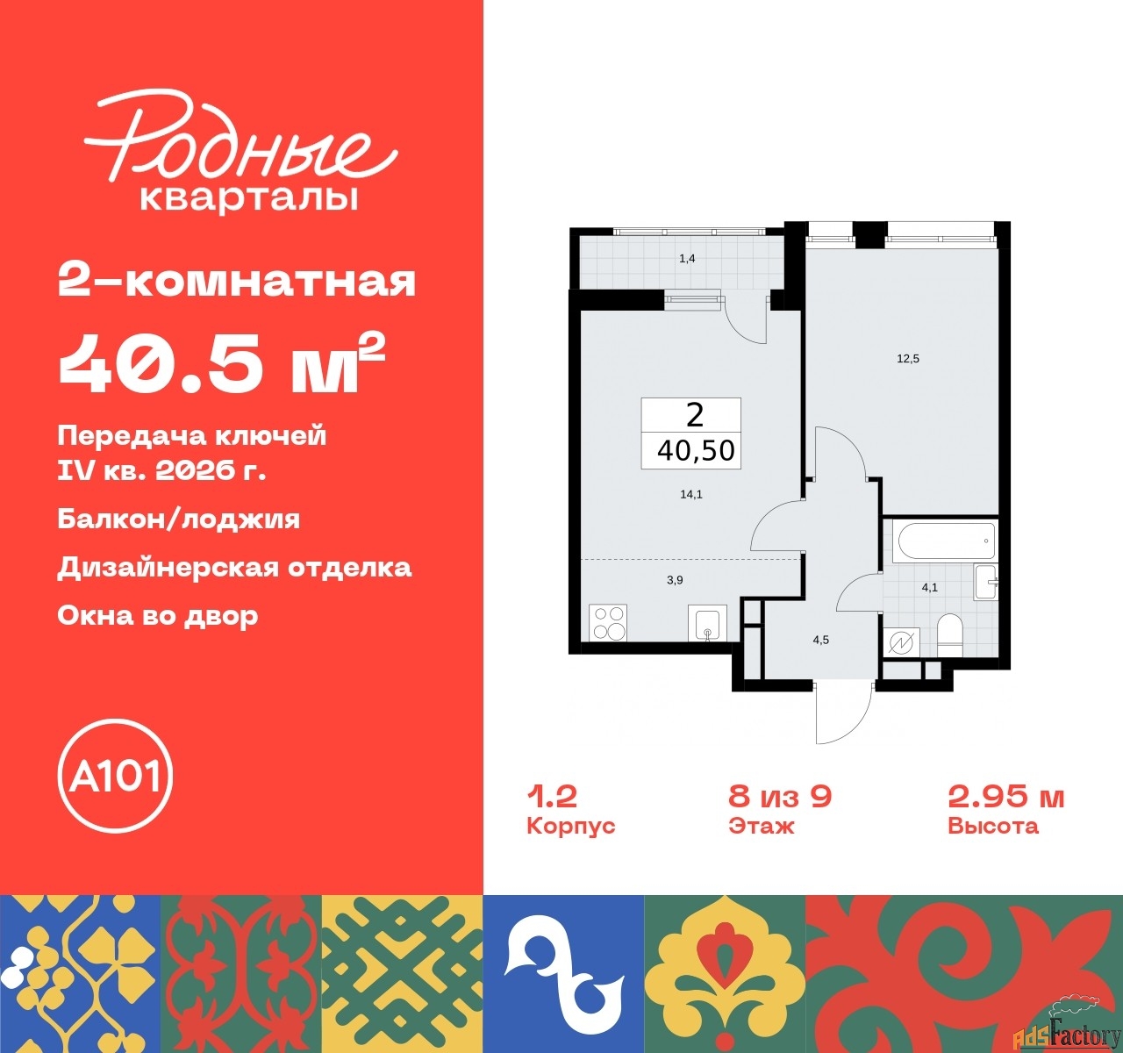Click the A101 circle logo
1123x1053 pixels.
(115, 776)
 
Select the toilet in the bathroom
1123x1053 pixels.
(949, 634)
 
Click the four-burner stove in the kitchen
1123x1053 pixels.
(608, 622)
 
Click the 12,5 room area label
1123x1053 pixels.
(908, 358)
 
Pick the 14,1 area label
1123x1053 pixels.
(691, 494)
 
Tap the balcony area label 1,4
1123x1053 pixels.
(687, 259)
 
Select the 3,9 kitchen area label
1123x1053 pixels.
(675, 580)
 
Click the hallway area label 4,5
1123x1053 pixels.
(821, 640)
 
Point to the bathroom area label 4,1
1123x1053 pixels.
(930, 587)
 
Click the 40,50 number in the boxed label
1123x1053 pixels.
(696, 450)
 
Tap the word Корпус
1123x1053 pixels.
(570, 826)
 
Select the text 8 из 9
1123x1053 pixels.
(780, 797)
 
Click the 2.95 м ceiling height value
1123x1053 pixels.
(1006, 797)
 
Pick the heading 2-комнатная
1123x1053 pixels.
(237, 282)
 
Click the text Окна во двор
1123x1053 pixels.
(158, 616)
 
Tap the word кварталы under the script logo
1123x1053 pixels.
(249, 198)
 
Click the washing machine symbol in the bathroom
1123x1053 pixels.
(901, 643)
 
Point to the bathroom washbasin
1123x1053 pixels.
(985, 581)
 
